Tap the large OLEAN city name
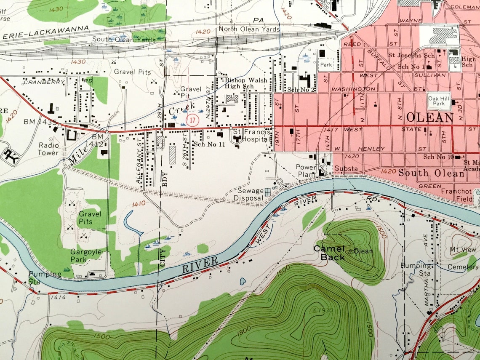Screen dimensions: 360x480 (x=429, y=117)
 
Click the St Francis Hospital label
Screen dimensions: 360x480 (x=251, y=136)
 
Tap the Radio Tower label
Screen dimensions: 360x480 (x=48, y=149)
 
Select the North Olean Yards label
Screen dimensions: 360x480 (x=249, y=29)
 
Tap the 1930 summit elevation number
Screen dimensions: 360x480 (x=325, y=310)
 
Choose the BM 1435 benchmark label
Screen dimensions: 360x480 (x=40, y=122)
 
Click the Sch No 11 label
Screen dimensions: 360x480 (x=209, y=144)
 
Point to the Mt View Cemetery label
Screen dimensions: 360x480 (x=463, y=258)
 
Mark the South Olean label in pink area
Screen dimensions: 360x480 (x=431, y=173)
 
